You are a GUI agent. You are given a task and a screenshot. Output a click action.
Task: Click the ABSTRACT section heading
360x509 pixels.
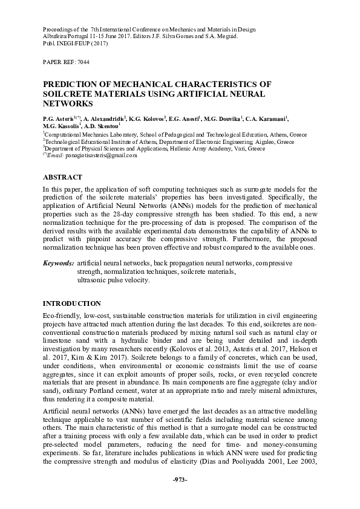point(62,177)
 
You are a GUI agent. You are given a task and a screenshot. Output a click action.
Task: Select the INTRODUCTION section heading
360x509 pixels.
point(72,303)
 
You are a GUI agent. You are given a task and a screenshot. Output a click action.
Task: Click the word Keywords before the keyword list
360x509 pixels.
point(58,264)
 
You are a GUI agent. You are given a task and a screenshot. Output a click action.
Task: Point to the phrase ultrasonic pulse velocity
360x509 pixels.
point(113,280)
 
